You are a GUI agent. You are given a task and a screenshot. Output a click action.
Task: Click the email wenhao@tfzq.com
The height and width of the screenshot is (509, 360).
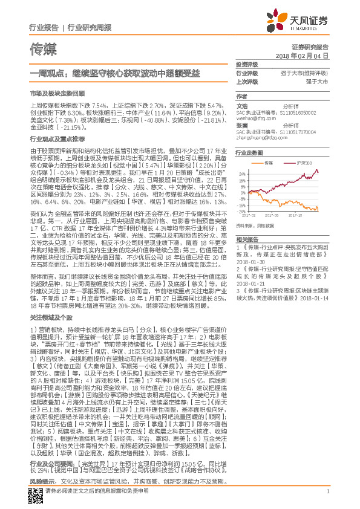[250, 118]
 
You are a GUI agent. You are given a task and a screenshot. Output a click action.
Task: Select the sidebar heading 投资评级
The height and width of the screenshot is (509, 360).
[246, 64]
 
